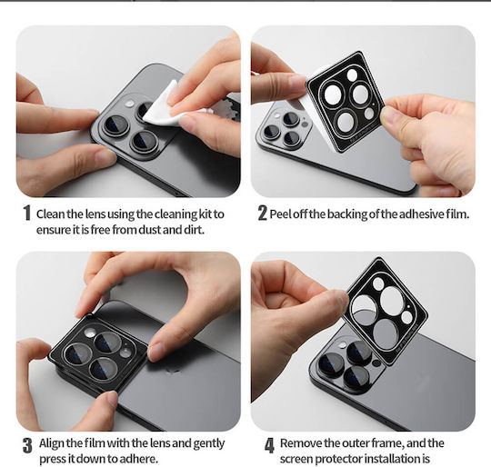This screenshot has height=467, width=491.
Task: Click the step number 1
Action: coord(27,213)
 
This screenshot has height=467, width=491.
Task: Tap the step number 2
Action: coord(263,213)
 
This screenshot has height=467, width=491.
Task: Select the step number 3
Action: coord(27,445)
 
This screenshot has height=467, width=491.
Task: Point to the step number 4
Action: coord(270,445)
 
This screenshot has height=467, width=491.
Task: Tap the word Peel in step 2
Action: coord(281,214)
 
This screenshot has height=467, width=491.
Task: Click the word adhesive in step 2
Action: coord(422,214)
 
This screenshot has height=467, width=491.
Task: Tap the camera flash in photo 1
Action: coord(129,104)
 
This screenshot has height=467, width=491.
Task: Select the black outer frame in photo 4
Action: coord(386,310)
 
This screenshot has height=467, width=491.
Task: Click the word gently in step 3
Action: coord(209,444)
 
